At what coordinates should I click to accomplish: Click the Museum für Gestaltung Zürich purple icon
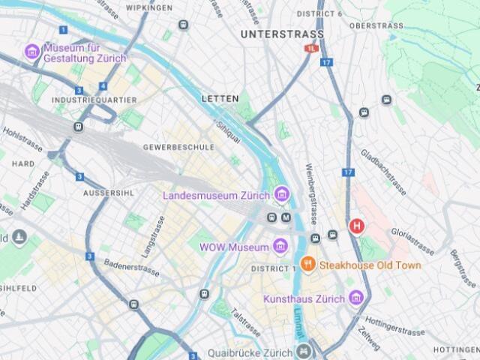[x=31, y=52]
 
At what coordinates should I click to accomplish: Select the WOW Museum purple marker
[x=280, y=247]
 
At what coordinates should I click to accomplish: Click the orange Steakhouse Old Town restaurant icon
[x=307, y=264]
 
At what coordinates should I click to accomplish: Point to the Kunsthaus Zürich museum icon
[x=356, y=298]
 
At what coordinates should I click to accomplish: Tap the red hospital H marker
[x=358, y=225]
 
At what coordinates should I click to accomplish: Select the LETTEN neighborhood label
[x=220, y=98]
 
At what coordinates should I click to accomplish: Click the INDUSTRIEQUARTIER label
[x=94, y=100]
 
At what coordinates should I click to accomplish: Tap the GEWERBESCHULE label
[x=178, y=147]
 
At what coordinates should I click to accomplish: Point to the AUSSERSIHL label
[x=109, y=193]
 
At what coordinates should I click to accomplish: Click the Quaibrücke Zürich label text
[x=250, y=353]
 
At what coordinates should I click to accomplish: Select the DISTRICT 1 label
[x=271, y=268]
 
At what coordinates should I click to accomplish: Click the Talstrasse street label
[x=245, y=323]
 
